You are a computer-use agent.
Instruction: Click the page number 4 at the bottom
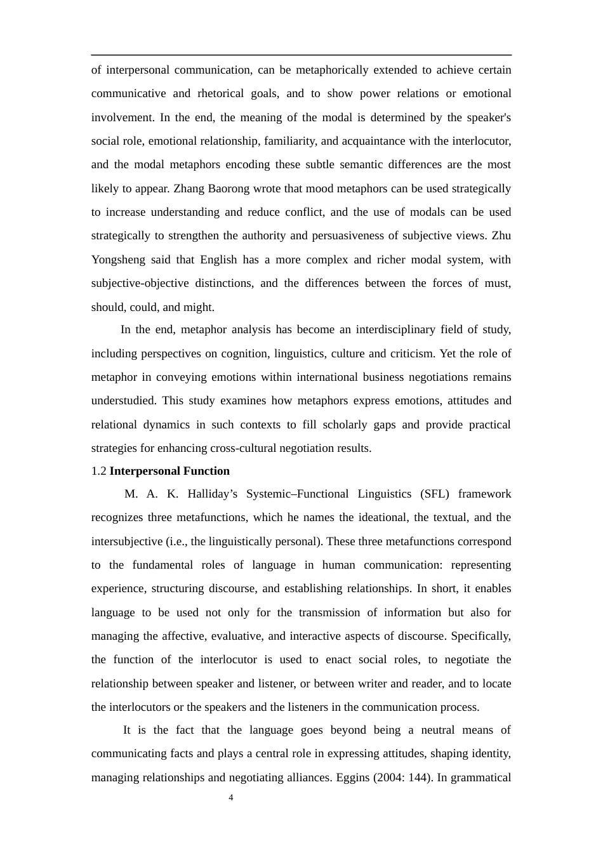(231, 798)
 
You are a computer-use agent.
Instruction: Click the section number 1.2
(99, 471)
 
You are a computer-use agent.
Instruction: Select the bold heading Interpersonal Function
(169, 471)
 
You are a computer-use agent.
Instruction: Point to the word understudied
(123, 400)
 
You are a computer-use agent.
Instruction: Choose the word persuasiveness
(349, 235)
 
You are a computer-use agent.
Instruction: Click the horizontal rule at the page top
(301, 55)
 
